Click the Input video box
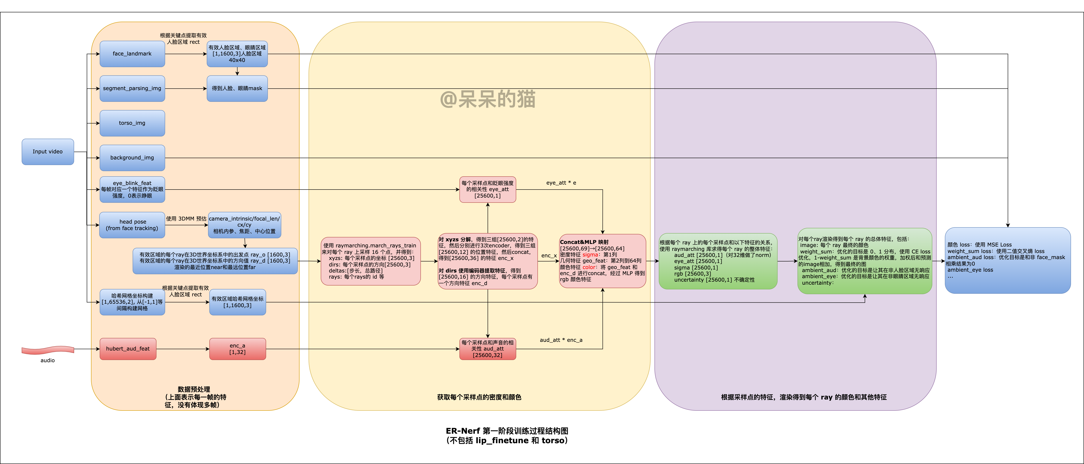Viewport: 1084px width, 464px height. point(47,151)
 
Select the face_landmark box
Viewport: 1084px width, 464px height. point(132,54)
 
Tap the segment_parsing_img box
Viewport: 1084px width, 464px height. point(132,88)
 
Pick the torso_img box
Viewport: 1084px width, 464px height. point(132,123)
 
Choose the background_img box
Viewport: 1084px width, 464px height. point(132,158)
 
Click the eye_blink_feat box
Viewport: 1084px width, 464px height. point(132,189)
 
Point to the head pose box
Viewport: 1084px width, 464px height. point(132,225)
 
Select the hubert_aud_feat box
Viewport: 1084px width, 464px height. point(128,349)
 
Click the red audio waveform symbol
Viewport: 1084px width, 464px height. point(47,350)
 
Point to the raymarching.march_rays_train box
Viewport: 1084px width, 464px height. point(370,261)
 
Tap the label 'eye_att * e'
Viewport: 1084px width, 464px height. point(561,183)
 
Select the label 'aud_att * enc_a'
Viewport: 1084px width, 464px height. point(561,340)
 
